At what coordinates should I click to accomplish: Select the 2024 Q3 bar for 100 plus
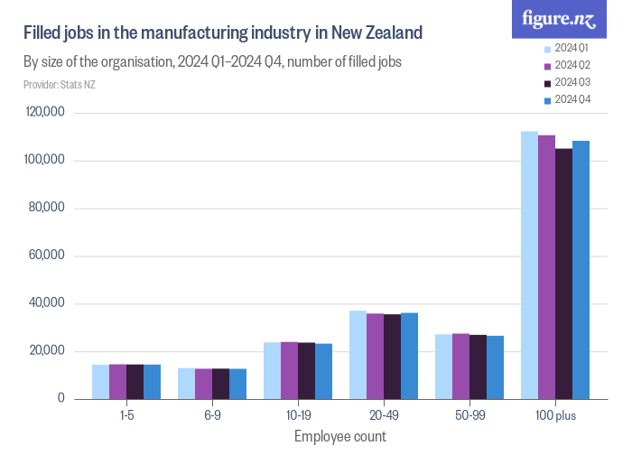(x=563, y=274)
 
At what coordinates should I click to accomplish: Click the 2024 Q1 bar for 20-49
(x=358, y=354)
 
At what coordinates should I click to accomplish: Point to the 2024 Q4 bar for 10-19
(x=323, y=371)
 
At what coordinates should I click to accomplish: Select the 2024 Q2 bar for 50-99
(x=460, y=366)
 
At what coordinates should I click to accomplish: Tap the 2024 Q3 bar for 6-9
(x=220, y=383)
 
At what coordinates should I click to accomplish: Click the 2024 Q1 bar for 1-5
(x=100, y=381)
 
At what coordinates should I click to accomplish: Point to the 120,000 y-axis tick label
(x=45, y=113)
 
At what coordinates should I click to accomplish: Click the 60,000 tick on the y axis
(x=48, y=256)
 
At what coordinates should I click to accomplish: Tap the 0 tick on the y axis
(x=61, y=398)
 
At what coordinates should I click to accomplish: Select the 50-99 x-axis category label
(x=469, y=415)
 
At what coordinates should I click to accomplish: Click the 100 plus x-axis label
(x=555, y=415)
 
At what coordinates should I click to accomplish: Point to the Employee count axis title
(x=340, y=437)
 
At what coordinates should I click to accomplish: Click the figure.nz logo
(x=560, y=18)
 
